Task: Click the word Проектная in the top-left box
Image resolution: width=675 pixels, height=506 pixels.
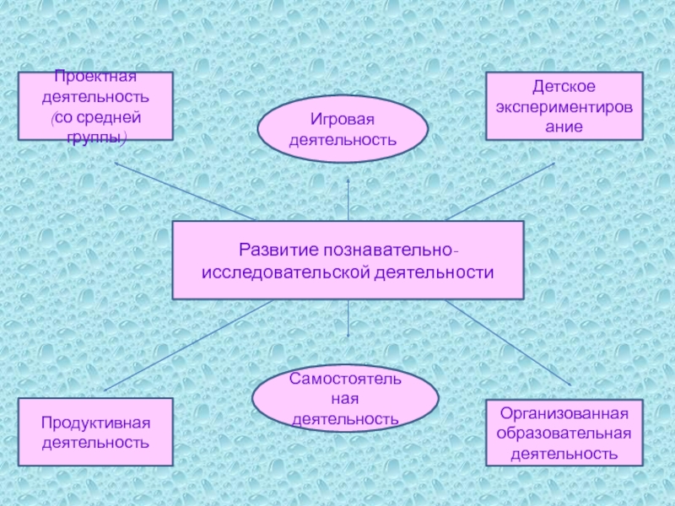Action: pyautogui.click(x=95, y=78)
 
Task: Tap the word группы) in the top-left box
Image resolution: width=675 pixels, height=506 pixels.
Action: pyautogui.click(x=95, y=136)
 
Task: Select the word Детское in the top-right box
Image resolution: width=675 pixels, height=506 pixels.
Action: pyautogui.click(x=564, y=88)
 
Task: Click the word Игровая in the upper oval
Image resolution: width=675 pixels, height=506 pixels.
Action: pyautogui.click(x=342, y=120)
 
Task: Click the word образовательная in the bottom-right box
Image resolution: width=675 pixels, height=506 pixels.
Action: pyautogui.click(x=564, y=433)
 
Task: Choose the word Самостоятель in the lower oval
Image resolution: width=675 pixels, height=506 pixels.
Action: pyautogui.click(x=345, y=379)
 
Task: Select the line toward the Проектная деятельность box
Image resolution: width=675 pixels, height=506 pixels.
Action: pyautogui.click(x=186, y=191)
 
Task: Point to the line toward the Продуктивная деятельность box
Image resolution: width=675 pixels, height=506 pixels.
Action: pyautogui.click(x=186, y=346)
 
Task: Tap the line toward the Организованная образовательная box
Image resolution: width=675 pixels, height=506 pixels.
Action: pyautogui.click(x=506, y=346)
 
